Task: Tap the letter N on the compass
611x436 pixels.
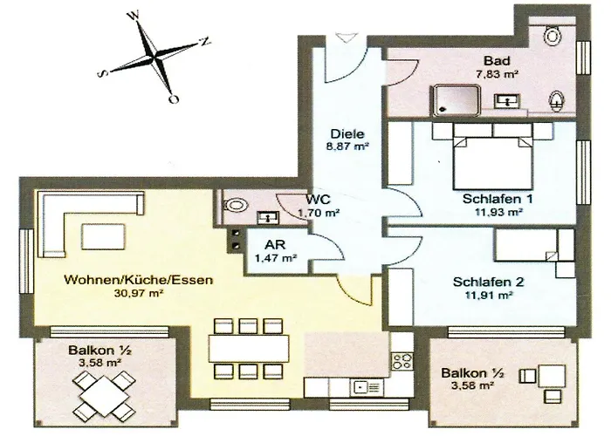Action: point(205,40)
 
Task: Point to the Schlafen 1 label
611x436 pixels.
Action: point(492,198)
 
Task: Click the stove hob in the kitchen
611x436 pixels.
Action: point(402,361)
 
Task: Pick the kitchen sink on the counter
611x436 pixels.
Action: point(362,385)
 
